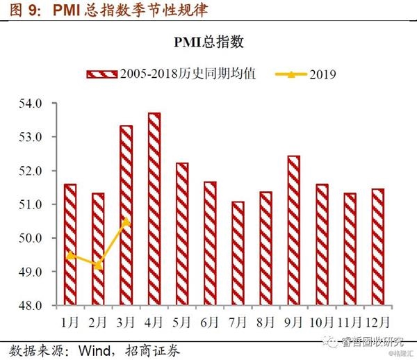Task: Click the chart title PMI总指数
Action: coord(208,43)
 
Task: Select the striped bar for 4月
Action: coord(154,208)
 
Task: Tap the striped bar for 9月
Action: coord(293,230)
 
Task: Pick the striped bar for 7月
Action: coord(238,253)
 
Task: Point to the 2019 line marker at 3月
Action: coord(126,221)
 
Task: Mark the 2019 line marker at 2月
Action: coord(99,265)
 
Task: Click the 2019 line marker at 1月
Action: coord(70,255)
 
